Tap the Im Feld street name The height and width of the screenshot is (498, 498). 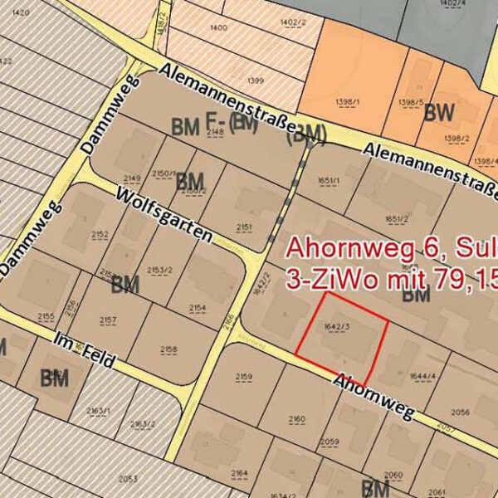pyautogui.click(x=82, y=351)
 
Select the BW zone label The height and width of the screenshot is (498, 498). pyautogui.click(x=439, y=112)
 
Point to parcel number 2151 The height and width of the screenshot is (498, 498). pyautogui.click(x=244, y=226)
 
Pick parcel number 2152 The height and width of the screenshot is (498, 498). pyautogui.click(x=100, y=235)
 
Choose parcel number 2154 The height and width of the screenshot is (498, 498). pyautogui.click(x=198, y=308)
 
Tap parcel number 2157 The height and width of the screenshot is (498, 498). pyautogui.click(x=108, y=320)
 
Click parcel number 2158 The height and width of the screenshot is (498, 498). pyautogui.click(x=168, y=349)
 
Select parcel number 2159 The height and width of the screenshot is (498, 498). pyautogui.click(x=243, y=378)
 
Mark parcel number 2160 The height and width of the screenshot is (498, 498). pyautogui.click(x=296, y=418)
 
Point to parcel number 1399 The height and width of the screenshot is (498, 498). pyautogui.click(x=256, y=81)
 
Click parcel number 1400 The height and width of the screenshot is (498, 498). pyautogui.click(x=219, y=27)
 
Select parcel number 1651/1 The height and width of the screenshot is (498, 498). pyautogui.click(x=329, y=178)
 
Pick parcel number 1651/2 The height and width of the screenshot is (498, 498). pyautogui.click(x=397, y=219)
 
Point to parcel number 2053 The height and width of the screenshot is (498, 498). pyautogui.click(x=128, y=479)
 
